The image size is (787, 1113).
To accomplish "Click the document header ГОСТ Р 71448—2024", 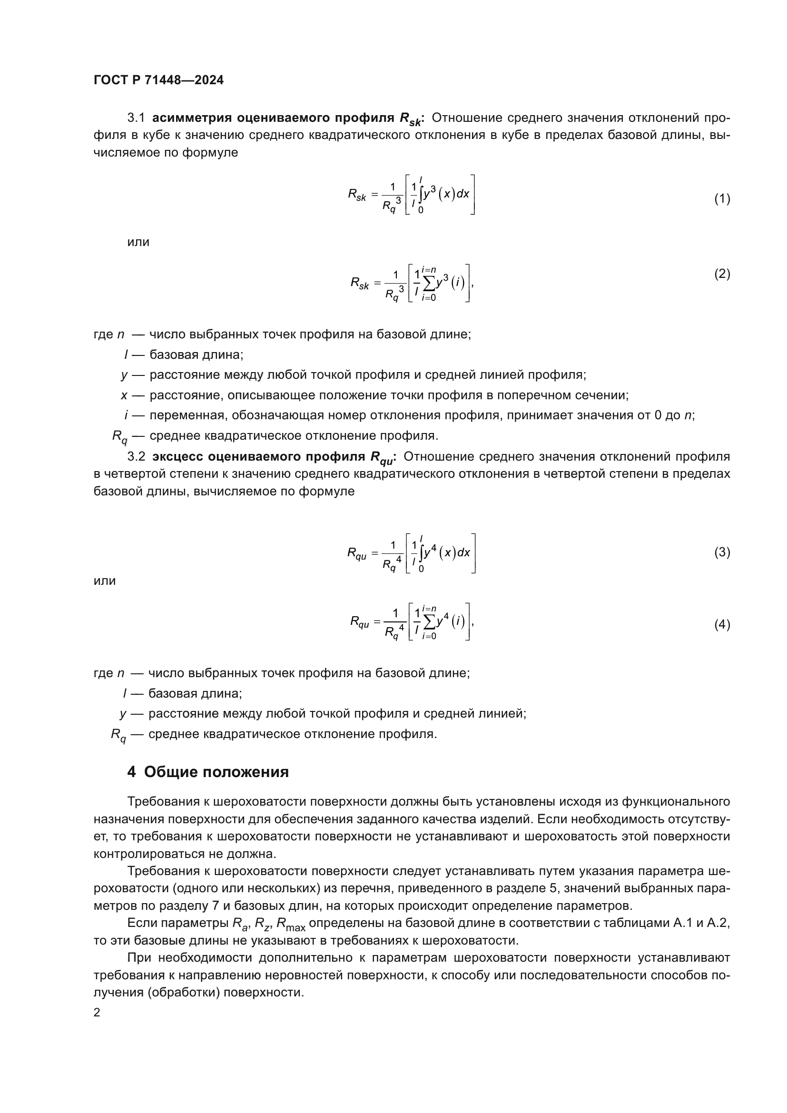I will pos(158,80).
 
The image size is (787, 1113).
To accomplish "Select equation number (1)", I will pos(722,199).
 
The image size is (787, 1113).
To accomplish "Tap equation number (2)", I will pos(722,275).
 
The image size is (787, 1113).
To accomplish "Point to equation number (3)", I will pos(722,552).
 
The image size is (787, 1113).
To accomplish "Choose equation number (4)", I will pos(722,625).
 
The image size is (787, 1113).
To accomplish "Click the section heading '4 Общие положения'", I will pos(208,772).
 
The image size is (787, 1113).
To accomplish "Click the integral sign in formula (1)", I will pos(421,195).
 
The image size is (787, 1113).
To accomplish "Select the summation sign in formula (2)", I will pos(428,284).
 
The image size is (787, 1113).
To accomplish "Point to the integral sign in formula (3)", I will pos(421,552).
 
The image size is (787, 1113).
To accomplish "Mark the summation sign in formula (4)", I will pos(428,622).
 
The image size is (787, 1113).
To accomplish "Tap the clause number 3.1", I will pos(136,118).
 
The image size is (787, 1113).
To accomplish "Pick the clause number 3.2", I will pos(136,457).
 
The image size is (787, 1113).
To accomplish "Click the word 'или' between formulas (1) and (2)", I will pos(138,242).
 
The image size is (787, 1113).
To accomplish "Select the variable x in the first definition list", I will pos(124,395).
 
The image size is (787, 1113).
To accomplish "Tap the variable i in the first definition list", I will pos(126,415).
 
